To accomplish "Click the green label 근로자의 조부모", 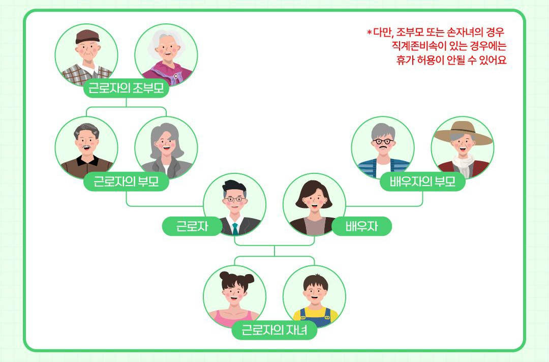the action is coord(126,89).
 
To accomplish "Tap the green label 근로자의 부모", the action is coord(126,182).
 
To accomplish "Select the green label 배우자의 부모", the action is coord(422,182).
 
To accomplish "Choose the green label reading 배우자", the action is coord(362,226).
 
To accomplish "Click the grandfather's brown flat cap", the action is coord(87,37).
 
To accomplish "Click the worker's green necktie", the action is coord(235,227).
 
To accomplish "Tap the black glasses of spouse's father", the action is coord(382,141).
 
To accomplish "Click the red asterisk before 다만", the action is coord(369,33).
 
